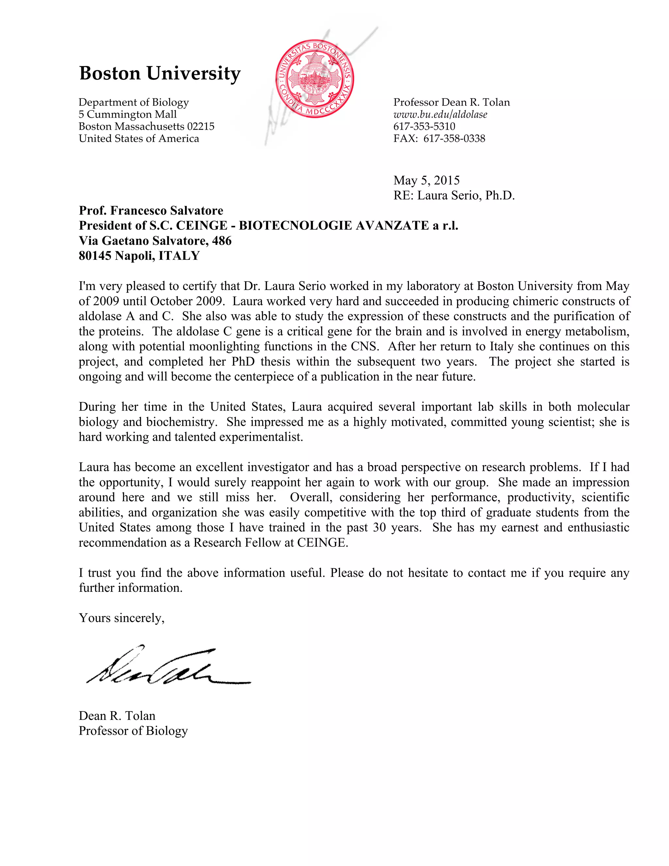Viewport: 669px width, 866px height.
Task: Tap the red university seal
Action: pos(314,78)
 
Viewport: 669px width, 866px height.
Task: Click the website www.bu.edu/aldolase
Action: pos(440,115)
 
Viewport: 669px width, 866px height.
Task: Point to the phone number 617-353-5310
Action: pos(424,126)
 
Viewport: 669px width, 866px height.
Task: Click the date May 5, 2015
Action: pos(426,180)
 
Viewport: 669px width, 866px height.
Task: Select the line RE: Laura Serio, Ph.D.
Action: pos(454,195)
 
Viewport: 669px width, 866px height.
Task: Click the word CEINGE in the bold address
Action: pos(202,225)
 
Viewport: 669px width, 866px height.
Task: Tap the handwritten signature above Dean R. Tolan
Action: pos(167,669)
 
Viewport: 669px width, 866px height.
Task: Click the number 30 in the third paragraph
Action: pos(379,528)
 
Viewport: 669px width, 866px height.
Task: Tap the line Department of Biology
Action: pos(134,102)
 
